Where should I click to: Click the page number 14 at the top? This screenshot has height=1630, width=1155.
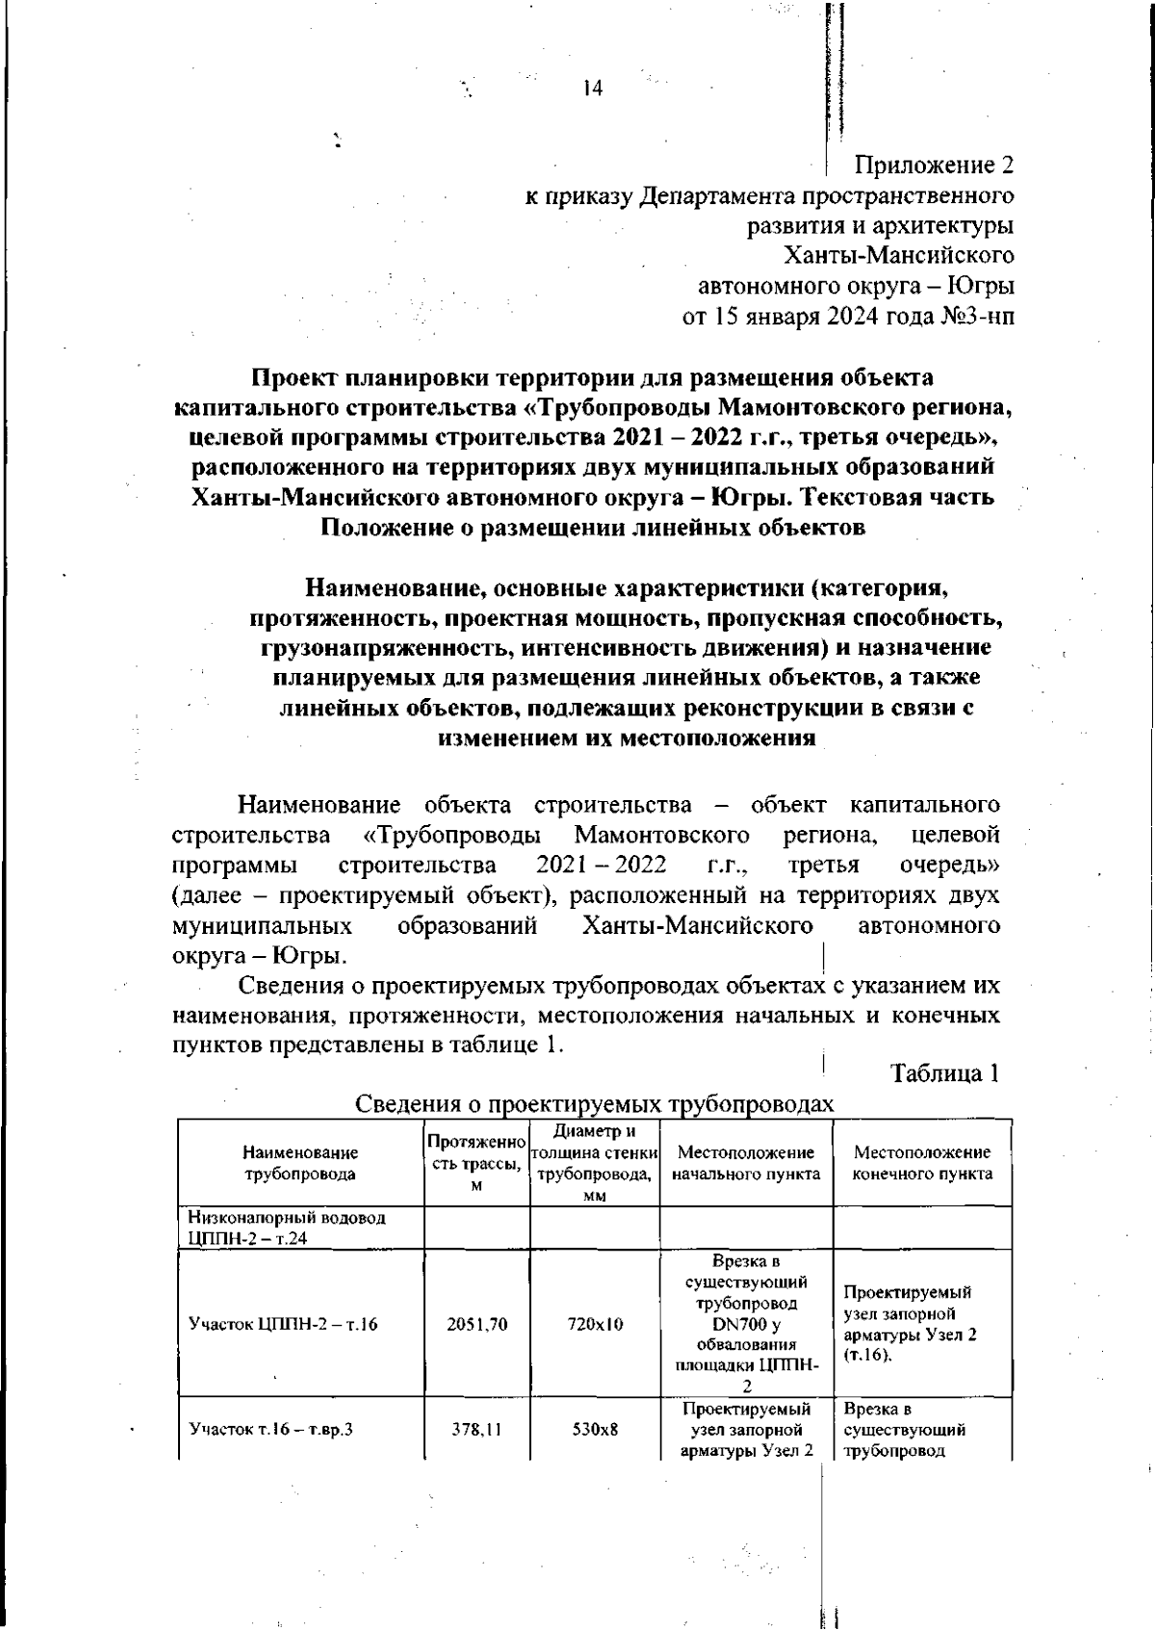click(x=592, y=89)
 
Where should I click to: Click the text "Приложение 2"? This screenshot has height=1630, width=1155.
click(x=935, y=166)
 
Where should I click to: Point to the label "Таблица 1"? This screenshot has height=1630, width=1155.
click(x=944, y=1074)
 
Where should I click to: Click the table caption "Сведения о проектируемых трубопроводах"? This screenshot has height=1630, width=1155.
click(x=594, y=1104)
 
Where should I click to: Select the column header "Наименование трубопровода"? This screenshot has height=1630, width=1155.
click(x=300, y=1163)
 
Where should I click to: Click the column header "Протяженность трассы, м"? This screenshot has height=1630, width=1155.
click(x=476, y=1163)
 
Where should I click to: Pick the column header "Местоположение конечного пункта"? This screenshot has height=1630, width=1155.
click(x=922, y=1163)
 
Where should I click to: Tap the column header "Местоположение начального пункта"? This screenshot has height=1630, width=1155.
click(x=746, y=1163)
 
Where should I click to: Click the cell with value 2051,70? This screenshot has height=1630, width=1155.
click(x=476, y=1325)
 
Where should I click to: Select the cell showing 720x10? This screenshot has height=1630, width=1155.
click(x=594, y=1325)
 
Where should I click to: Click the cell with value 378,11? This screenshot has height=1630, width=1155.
click(x=476, y=1429)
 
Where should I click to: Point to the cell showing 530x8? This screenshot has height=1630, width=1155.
click(x=594, y=1429)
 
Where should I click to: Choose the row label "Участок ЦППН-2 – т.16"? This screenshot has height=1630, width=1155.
click(x=283, y=1325)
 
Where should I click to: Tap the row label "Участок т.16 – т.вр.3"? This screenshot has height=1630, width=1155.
click(x=271, y=1429)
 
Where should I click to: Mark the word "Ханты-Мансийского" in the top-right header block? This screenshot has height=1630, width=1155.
click(x=899, y=256)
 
